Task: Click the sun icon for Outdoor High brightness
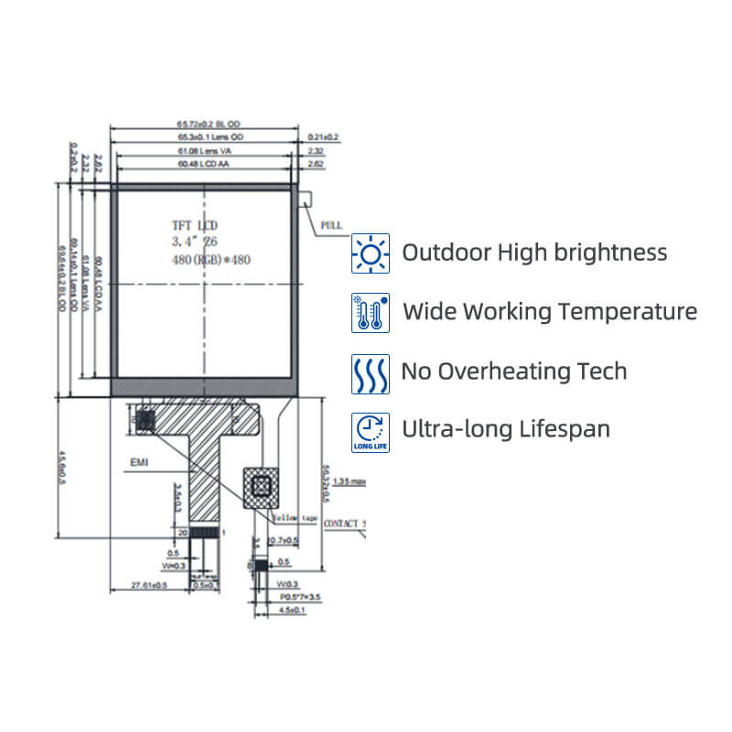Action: click(x=371, y=253)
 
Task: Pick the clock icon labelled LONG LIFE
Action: click(x=371, y=431)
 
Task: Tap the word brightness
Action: click(x=613, y=253)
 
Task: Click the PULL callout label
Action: click(x=331, y=223)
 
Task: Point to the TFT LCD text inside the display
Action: click(x=195, y=225)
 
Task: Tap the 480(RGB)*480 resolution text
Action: click(x=211, y=260)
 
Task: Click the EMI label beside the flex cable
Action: click(x=139, y=464)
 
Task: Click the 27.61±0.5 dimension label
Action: click(x=150, y=585)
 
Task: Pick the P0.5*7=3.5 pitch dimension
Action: click(x=301, y=596)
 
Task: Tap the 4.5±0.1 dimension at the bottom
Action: click(x=292, y=608)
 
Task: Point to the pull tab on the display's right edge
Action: click(x=307, y=198)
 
